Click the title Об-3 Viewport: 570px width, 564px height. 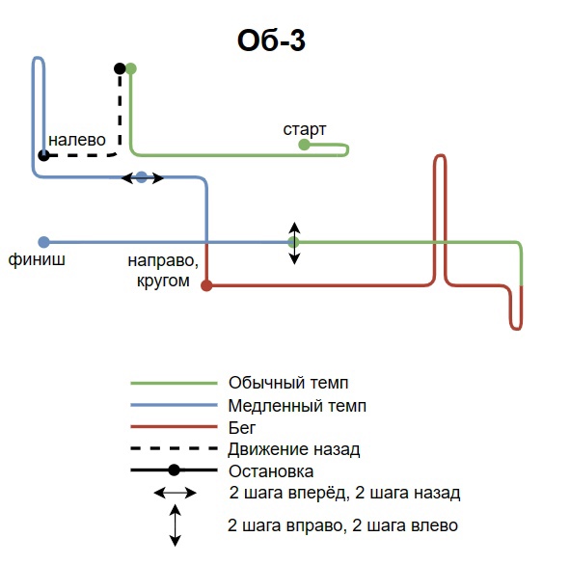coord(271,40)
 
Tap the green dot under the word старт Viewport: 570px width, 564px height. coord(304,145)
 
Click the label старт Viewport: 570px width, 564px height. coord(304,129)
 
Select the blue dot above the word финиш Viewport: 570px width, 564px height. coord(43,242)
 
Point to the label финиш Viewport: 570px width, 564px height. coord(37,259)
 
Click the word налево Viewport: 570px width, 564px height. coord(77,140)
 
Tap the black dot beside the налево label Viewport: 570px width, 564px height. coord(43,155)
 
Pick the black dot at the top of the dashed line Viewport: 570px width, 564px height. coord(120,68)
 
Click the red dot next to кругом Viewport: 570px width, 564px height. coord(206,285)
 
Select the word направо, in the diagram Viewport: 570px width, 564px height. coord(163,261)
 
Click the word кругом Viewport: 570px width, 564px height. coord(163,281)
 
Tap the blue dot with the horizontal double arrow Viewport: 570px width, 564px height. coord(142,177)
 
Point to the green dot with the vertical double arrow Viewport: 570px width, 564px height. coord(294,242)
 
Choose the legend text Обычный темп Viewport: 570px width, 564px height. coord(288,383)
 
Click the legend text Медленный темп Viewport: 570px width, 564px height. coord(297,406)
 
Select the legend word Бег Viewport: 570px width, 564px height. coord(242,428)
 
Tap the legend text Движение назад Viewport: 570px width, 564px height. coord(294,449)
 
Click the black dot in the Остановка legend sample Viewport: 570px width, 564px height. coord(175,470)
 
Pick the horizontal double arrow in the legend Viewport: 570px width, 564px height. coord(176,493)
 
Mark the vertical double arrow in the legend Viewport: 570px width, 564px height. coord(176,525)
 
